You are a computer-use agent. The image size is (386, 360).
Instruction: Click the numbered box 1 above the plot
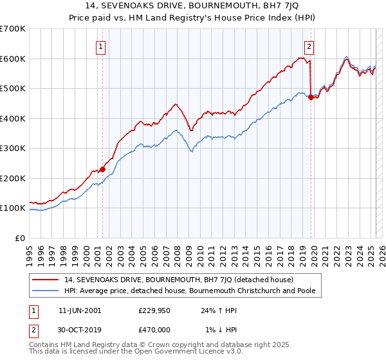(x=102, y=46)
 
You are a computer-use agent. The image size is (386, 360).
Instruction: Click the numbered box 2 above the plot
(x=309, y=46)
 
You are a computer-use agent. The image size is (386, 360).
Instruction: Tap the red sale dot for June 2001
(x=102, y=169)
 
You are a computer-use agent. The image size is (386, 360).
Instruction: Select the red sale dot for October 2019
(x=311, y=98)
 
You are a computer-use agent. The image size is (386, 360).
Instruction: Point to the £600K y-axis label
(x=13, y=59)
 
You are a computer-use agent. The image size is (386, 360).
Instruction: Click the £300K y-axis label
(x=13, y=148)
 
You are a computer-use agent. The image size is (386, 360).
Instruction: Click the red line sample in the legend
(x=46, y=280)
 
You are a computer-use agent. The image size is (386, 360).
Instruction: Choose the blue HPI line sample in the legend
(x=46, y=291)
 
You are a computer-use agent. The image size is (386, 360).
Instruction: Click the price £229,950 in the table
(x=153, y=310)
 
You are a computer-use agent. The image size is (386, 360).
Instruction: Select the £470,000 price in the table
(x=153, y=330)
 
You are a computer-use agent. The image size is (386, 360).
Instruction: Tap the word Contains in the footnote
(x=46, y=345)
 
